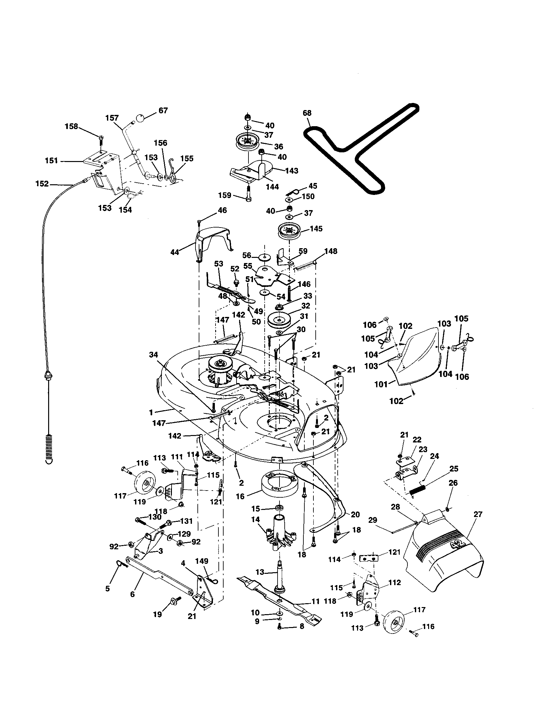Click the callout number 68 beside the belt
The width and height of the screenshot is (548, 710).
pos(307,113)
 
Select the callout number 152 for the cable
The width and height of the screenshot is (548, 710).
pos(42,184)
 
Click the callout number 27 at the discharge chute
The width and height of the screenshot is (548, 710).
pos(478,514)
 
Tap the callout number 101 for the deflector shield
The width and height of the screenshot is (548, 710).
pos(381,384)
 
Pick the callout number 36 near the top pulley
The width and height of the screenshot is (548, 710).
pos(279,146)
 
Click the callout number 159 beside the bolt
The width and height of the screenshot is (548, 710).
pos(225,195)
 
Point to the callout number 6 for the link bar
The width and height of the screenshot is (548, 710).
pos(132,594)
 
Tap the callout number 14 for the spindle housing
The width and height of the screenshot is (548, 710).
pos(256,520)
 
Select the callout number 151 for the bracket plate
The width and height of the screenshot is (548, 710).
pos(51,161)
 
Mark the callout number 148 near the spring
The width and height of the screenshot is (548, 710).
pos(331,251)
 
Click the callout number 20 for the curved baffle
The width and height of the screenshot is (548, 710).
pos(355,514)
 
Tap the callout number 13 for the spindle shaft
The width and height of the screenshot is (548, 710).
pos(260,572)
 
